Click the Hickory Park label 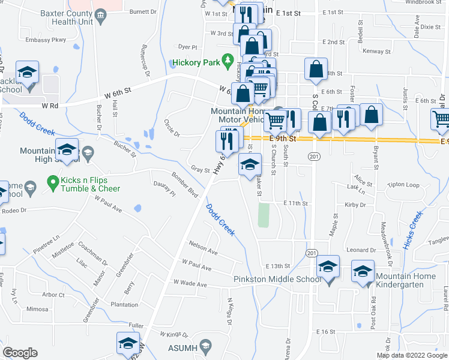click(x=195, y=62)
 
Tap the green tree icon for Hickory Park click(x=227, y=60)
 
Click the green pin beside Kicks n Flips click(x=53, y=180)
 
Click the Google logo click(x=20, y=353)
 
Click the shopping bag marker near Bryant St click(x=372, y=115)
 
